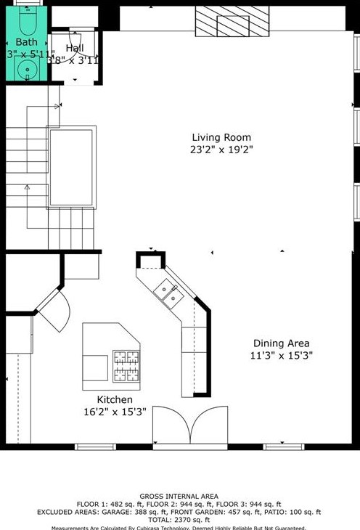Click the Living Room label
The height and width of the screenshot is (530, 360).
click(x=221, y=137)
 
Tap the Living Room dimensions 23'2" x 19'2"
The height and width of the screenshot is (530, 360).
click(x=221, y=150)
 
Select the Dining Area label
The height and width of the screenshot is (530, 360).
click(x=281, y=343)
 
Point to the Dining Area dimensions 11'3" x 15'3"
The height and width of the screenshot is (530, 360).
click(x=281, y=356)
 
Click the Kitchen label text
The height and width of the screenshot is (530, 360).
click(x=115, y=399)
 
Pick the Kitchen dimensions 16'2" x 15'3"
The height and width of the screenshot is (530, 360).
click(x=115, y=412)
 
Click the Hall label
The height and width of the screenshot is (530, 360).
click(x=74, y=48)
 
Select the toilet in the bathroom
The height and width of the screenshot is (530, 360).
click(x=28, y=25)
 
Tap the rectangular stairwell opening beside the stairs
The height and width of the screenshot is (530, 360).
click(x=71, y=168)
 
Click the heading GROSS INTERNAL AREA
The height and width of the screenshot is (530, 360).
click(x=179, y=497)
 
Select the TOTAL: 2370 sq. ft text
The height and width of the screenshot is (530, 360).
click(x=179, y=520)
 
